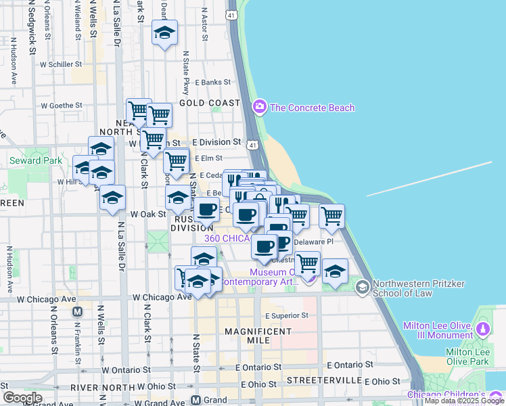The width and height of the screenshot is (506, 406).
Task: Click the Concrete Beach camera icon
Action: (259, 107)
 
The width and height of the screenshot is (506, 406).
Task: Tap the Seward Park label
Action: (35, 160)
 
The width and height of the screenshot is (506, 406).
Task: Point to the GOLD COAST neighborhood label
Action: (210, 103)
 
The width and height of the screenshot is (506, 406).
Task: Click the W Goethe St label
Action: (62, 106)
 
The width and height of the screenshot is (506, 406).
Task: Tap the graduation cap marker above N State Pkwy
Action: (164, 33)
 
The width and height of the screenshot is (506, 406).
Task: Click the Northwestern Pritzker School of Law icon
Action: (362, 288)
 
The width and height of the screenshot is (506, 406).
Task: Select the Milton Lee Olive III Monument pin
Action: (482, 330)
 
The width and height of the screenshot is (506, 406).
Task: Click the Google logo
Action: (22, 398)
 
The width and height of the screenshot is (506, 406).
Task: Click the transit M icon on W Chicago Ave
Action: (77, 312)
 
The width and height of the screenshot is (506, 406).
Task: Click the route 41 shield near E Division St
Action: (252, 145)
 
